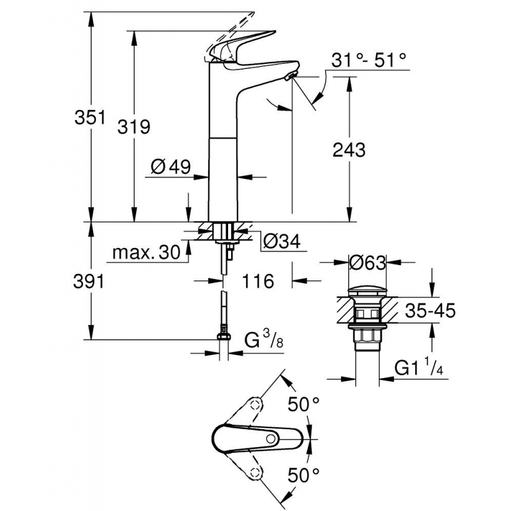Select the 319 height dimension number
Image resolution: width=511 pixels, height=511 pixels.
coord(133,126)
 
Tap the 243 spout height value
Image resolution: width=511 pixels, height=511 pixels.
coord(349,149)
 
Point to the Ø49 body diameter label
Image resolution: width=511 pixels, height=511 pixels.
coord(171,167)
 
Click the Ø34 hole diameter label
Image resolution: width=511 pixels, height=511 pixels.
coord(282,241)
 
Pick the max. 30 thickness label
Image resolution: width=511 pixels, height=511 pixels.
coord(146,252)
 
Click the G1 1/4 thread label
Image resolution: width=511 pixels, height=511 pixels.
coord(418,369)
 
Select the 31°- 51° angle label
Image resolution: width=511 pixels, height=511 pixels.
coord(369,60)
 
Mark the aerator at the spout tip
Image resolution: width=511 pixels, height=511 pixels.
coord(291,77)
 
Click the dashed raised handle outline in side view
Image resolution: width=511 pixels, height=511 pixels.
coord(231,26)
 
